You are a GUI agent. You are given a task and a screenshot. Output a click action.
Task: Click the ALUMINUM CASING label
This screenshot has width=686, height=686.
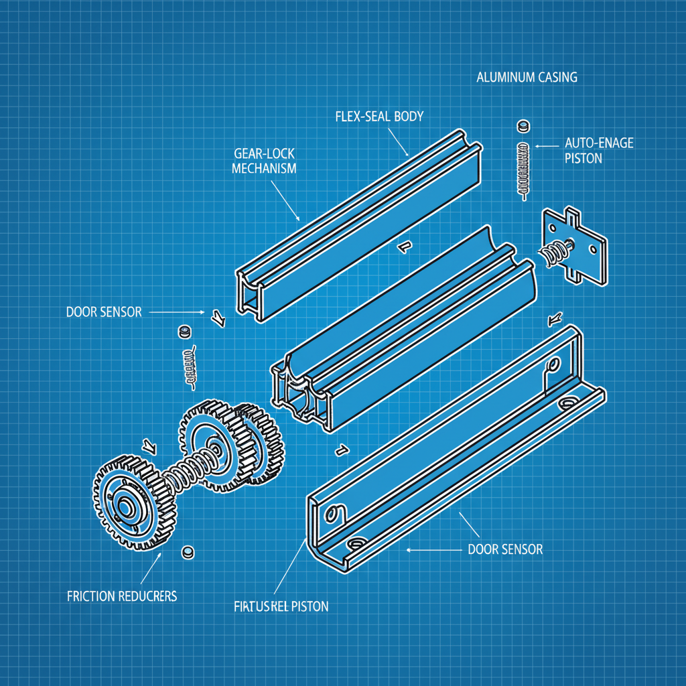(526, 77)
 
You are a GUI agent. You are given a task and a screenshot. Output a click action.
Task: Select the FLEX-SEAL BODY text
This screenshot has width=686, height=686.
(379, 116)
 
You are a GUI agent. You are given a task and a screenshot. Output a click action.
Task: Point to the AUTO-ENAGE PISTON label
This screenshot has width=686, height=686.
(599, 150)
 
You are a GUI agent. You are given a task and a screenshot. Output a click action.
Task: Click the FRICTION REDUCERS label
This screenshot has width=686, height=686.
(122, 596)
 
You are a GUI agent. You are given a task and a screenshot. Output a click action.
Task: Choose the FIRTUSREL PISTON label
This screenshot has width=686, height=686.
(281, 607)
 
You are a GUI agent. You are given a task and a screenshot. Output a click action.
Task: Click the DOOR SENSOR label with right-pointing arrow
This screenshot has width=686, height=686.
(104, 312)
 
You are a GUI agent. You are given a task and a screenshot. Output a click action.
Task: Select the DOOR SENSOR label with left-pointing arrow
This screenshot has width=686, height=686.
(504, 549)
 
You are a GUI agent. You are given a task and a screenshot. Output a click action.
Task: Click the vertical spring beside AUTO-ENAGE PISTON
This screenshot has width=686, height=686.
(523, 169)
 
